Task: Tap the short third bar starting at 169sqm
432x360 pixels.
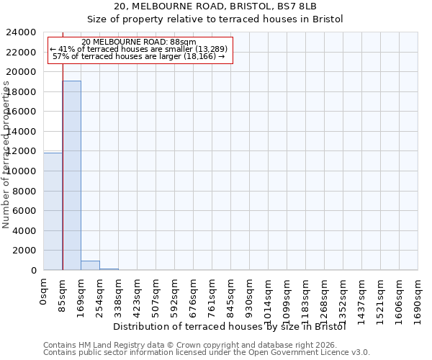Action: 90,265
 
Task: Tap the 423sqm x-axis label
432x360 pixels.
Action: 138,295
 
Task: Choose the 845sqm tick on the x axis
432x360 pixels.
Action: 231,295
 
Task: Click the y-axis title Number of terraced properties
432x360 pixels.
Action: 6,155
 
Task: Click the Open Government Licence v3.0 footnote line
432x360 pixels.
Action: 207,352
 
